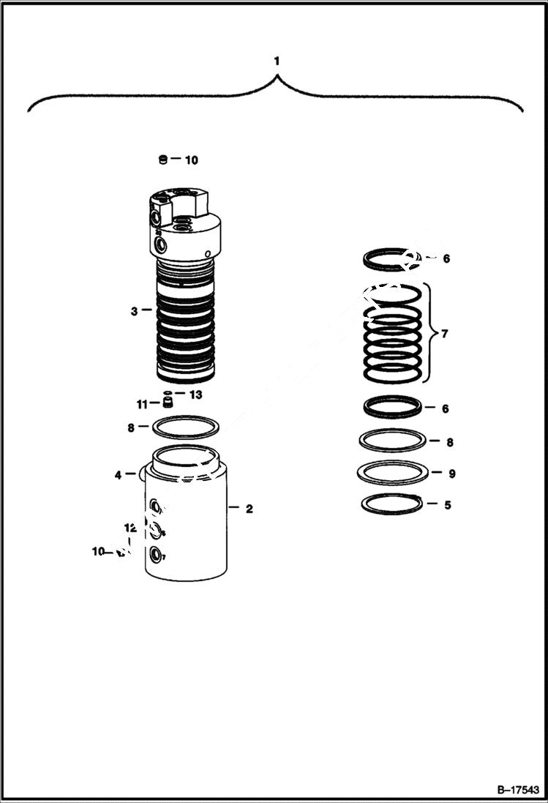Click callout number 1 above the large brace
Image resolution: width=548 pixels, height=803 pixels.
[x=277, y=61]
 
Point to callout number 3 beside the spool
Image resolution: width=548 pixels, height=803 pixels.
[x=134, y=311]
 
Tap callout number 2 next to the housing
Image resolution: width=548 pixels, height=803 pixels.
[x=249, y=509]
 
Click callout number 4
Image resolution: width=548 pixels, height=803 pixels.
[x=118, y=475]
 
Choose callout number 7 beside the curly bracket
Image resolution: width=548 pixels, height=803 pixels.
[x=445, y=334]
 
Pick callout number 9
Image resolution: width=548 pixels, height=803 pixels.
[x=451, y=474]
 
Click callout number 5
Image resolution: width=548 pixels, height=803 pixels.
[x=447, y=504]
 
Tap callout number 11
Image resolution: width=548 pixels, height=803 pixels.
[x=142, y=403]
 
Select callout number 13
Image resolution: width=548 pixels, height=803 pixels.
[x=195, y=395]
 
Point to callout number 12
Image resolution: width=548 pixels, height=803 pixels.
[x=130, y=527]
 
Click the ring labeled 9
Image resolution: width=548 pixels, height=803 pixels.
[x=392, y=473]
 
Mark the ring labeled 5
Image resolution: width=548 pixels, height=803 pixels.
[x=392, y=504]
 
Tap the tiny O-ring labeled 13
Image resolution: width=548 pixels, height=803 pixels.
[x=168, y=393]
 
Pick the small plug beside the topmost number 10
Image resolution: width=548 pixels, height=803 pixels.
[x=163, y=160]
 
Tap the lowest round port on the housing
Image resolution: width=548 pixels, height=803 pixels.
[x=156, y=556]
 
